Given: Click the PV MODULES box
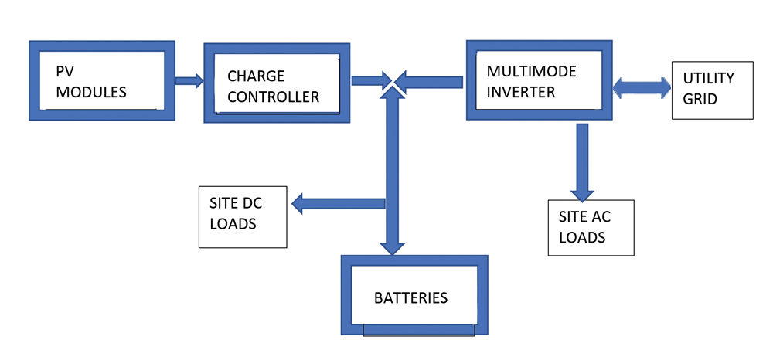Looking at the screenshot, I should pyautogui.click(x=101, y=81).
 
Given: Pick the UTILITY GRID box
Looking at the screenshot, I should pyautogui.click(x=712, y=89).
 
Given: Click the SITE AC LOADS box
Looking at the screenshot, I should pyautogui.click(x=591, y=228).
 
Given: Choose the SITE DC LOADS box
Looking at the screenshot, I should pyautogui.click(x=243, y=216).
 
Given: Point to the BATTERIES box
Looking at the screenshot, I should pyautogui.click(x=414, y=296).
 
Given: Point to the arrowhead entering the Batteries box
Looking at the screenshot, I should pyautogui.click(x=393, y=246).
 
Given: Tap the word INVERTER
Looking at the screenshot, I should pyautogui.click(x=522, y=93).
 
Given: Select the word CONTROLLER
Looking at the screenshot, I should pyautogui.click(x=273, y=97).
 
